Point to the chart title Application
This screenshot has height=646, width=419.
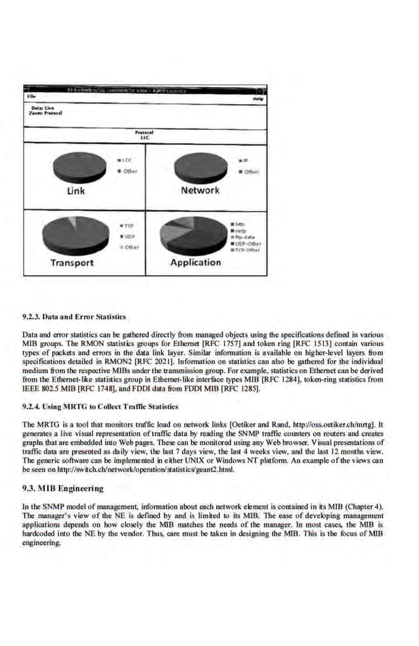pos(195,263)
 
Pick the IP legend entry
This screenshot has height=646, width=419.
pos(244,160)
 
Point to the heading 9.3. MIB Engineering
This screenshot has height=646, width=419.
pos(63,488)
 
